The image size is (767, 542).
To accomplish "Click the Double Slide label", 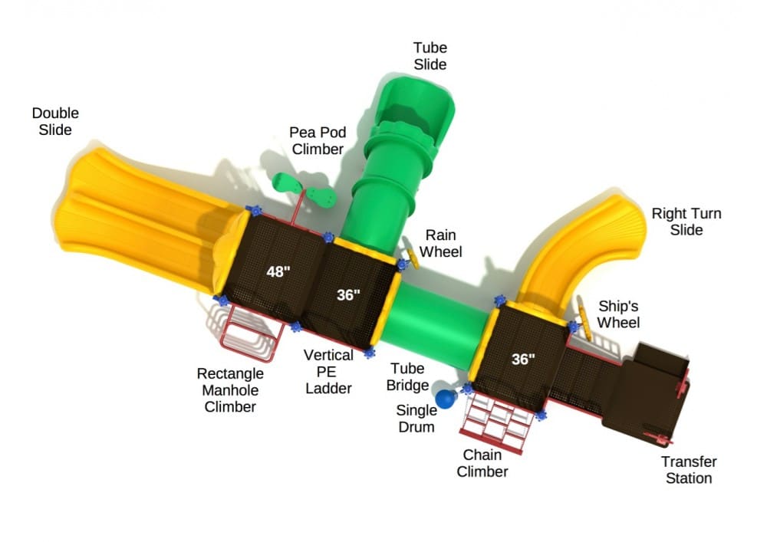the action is (x=55, y=121).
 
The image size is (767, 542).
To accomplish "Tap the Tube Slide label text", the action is (x=430, y=56).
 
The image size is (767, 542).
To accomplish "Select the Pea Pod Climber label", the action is (x=318, y=140).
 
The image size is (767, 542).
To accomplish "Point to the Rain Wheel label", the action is (x=441, y=243).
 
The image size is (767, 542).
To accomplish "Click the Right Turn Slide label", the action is (x=686, y=222).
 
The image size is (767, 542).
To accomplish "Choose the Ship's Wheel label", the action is (x=618, y=314).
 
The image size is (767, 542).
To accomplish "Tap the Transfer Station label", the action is (x=689, y=470).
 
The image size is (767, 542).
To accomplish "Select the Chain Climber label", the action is (x=482, y=463).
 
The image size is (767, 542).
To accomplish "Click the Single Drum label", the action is (x=416, y=419).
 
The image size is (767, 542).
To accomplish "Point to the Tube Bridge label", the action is (x=407, y=377).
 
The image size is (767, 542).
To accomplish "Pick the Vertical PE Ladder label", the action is (x=328, y=372).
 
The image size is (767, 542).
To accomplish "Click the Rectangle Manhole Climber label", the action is (x=230, y=390).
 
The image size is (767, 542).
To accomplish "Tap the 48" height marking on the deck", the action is (x=278, y=271).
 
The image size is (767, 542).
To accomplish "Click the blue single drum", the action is (x=445, y=399).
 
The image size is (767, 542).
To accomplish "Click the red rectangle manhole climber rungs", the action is (x=249, y=333).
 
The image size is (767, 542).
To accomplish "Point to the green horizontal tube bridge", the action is (x=436, y=325).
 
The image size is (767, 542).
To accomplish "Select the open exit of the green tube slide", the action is (x=416, y=105).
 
